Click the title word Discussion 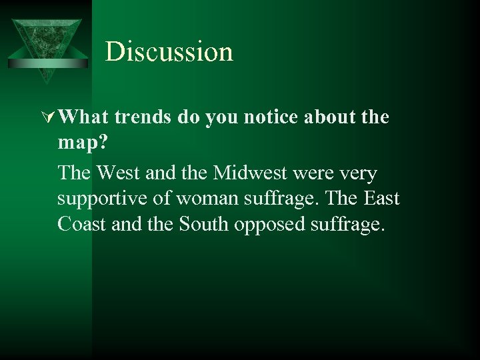tap(169, 52)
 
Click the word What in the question tap(83, 117)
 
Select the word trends tap(142, 117)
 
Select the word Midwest tap(239, 173)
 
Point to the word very tap(358, 174)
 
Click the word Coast tap(80, 225)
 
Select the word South tap(205, 225)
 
